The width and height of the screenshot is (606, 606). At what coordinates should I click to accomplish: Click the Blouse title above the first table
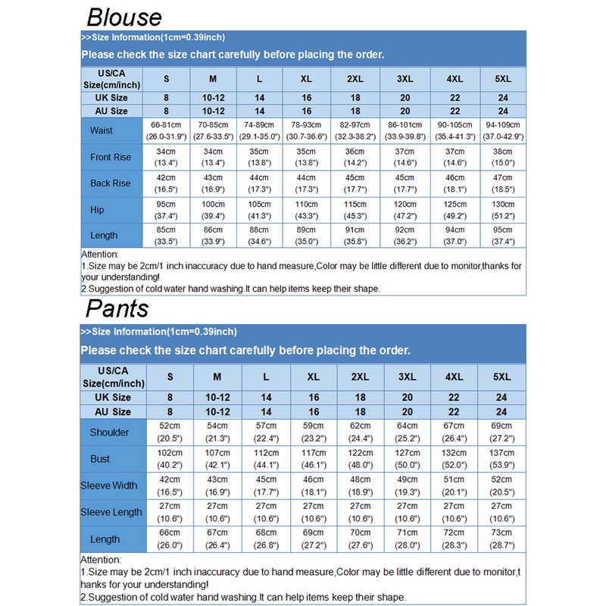pos(123,17)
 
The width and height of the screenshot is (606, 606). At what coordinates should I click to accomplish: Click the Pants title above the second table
pos(117,308)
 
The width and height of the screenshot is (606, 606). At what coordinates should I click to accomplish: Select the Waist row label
pos(101,130)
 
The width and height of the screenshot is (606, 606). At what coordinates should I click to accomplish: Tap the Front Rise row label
pos(111,157)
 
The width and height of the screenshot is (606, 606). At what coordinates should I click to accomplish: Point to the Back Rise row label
pos(111,183)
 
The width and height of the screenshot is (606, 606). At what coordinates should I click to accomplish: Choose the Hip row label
pos(97,210)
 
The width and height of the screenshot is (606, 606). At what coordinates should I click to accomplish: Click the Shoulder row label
pos(110,433)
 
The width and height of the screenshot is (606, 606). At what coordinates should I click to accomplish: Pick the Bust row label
pos(100,459)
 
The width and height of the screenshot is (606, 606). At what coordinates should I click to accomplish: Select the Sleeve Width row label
pos(109,486)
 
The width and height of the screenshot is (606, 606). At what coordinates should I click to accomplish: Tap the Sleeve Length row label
pos(111,512)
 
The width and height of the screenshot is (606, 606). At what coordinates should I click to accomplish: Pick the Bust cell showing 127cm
pos(407,454)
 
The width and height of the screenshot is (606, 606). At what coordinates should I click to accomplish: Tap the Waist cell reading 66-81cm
pos(166,124)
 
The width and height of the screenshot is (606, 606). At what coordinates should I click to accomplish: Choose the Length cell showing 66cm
pos(169,533)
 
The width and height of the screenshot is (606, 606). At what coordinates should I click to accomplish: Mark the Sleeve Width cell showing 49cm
pos(407,480)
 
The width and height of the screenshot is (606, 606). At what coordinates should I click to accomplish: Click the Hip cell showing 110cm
pos(307,205)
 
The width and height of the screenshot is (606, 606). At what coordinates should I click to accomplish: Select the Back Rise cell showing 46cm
pos(454,178)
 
